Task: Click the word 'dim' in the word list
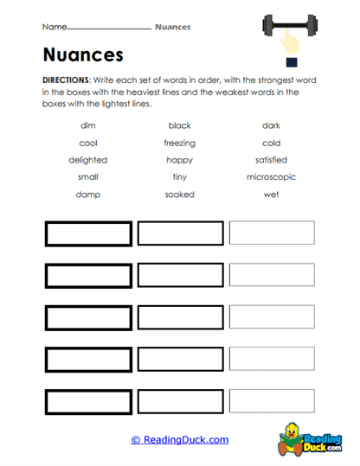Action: point(87,125)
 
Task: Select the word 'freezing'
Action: point(179,143)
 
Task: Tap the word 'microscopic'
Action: point(270,177)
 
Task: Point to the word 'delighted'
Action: point(87,160)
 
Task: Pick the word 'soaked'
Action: point(179,195)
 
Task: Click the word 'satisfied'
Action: point(271,160)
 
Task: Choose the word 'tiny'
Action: point(179,177)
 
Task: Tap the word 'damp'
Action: point(87,195)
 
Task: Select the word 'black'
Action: point(179,125)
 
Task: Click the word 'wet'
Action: point(271,195)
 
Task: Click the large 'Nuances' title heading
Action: point(83,55)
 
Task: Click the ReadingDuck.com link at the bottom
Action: point(179,440)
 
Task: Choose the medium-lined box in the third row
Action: point(179,318)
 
